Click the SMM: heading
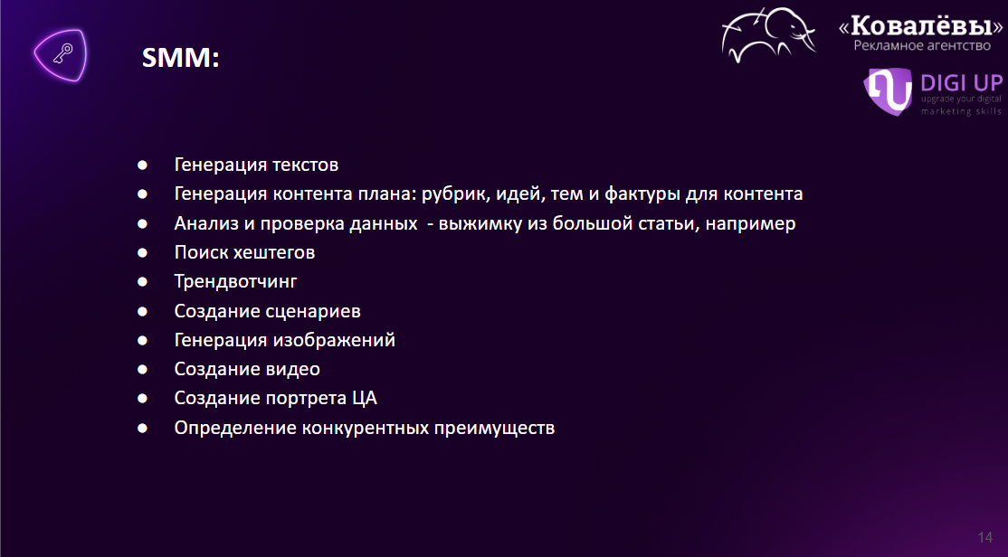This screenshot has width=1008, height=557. (181, 57)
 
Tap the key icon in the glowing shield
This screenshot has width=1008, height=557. (62, 54)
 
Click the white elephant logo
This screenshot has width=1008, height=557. (768, 34)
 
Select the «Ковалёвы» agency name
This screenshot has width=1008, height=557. (920, 26)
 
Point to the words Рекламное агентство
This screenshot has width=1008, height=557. (922, 45)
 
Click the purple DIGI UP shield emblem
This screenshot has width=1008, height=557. (888, 91)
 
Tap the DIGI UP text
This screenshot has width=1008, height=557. (962, 83)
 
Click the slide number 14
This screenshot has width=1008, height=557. (984, 537)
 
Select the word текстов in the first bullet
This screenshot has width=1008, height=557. (306, 165)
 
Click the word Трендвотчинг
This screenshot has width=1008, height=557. (236, 281)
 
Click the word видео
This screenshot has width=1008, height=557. (292, 370)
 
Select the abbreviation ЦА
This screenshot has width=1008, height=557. (365, 399)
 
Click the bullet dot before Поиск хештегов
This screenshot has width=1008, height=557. (142, 253)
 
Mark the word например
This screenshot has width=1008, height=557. (750, 224)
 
